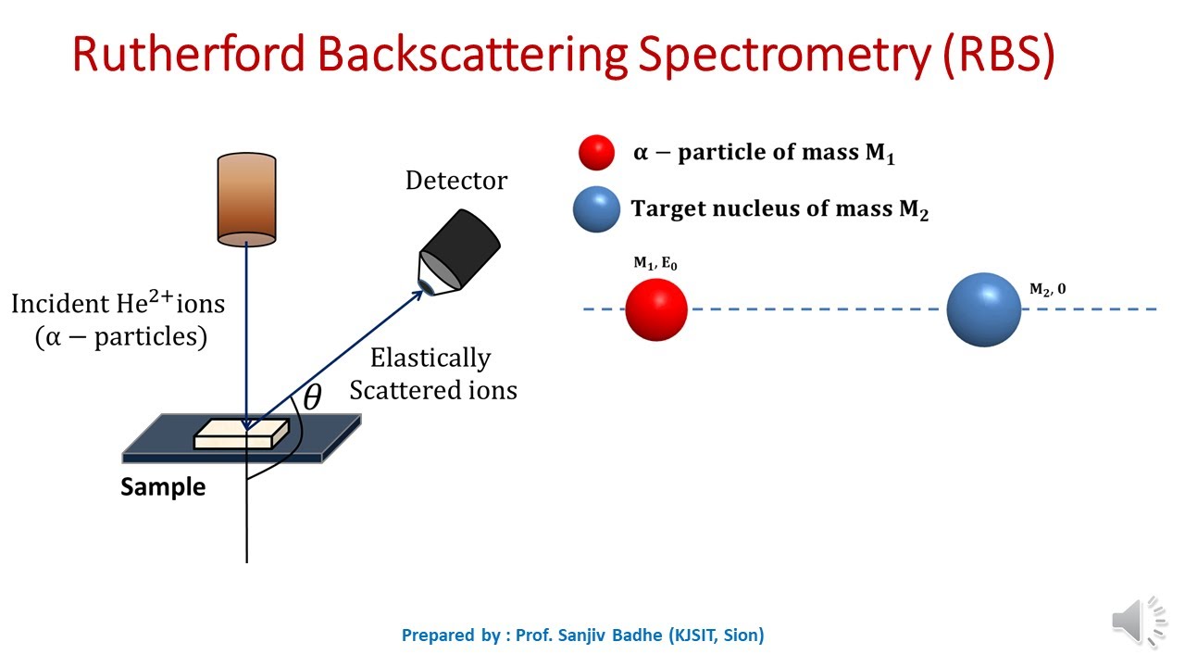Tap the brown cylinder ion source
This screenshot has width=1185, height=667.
tap(246, 200)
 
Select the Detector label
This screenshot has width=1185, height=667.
tap(456, 181)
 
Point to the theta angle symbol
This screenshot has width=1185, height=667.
tap(312, 398)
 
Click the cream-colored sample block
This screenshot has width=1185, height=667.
tap(241, 434)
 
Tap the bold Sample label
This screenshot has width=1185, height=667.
tap(163, 486)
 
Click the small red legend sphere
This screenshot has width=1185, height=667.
tap(596, 153)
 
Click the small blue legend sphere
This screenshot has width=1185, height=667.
tap(596, 209)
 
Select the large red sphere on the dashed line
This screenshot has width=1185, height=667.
tap(656, 309)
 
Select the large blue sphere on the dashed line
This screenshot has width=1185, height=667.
tap(983, 309)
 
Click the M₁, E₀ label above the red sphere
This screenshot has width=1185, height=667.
tap(655, 264)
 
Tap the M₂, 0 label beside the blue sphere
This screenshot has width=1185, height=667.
tap(1047, 289)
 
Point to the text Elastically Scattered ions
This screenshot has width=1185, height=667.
tap(432, 374)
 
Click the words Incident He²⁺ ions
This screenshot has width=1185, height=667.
tap(118, 302)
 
